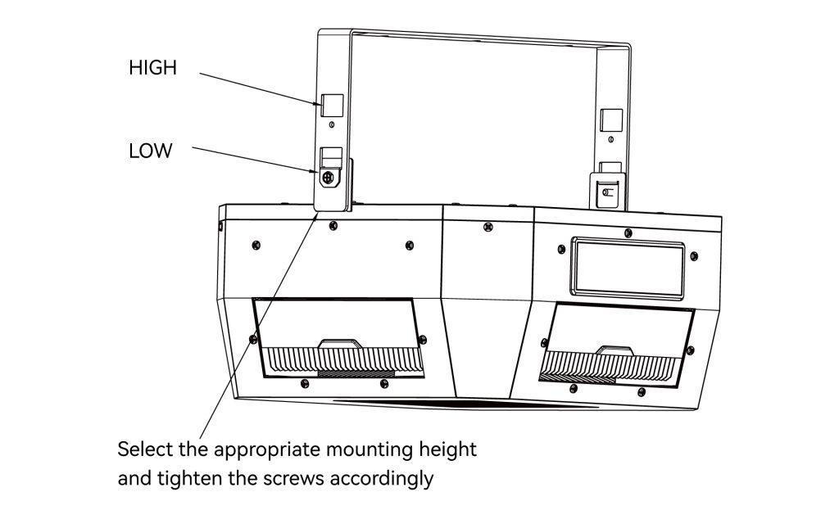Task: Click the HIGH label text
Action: tap(152, 68)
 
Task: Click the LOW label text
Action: tap(151, 151)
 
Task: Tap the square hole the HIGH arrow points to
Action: tap(331, 105)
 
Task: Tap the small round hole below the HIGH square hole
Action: tap(332, 127)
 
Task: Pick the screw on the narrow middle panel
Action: tap(488, 225)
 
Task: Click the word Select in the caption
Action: tap(143, 449)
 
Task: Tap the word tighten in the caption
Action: tap(186, 478)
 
